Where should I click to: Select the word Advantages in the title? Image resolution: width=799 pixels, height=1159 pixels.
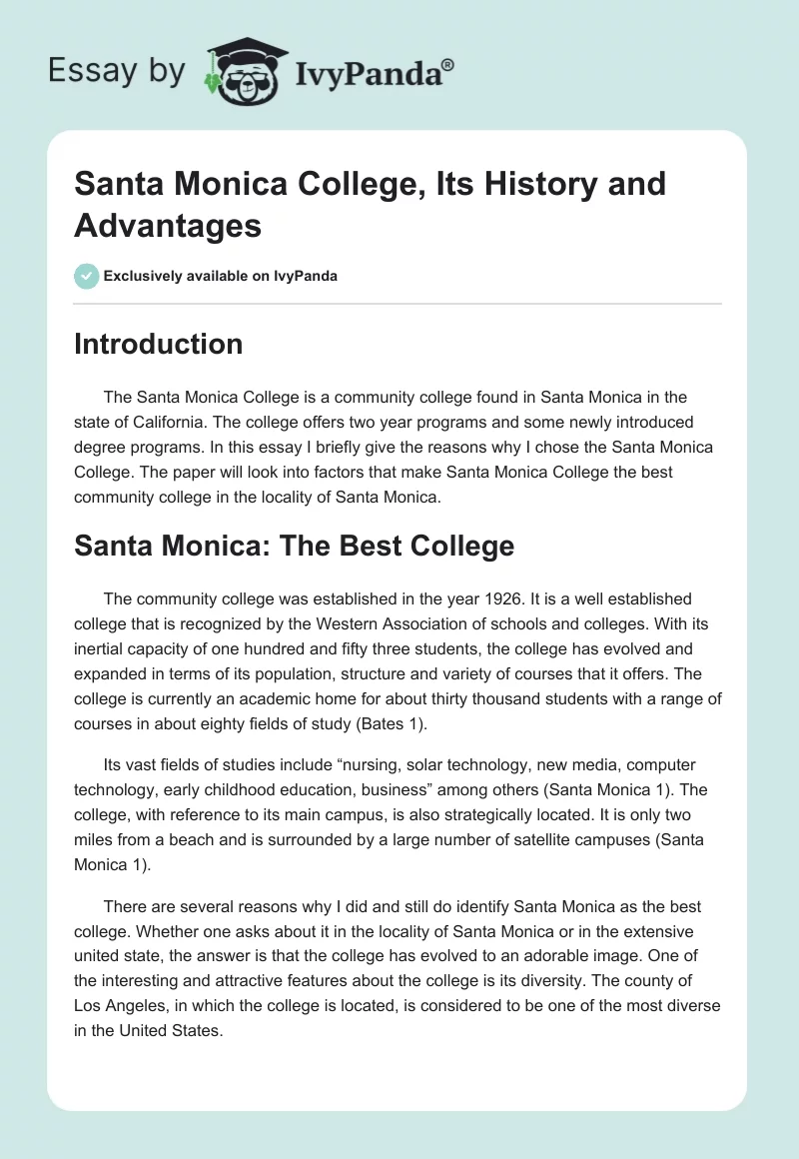click(x=168, y=225)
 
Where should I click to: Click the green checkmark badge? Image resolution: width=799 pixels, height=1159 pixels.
click(x=87, y=276)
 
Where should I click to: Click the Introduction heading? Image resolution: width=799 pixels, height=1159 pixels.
click(x=158, y=344)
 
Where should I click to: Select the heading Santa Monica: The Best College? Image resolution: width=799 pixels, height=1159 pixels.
click(x=294, y=546)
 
